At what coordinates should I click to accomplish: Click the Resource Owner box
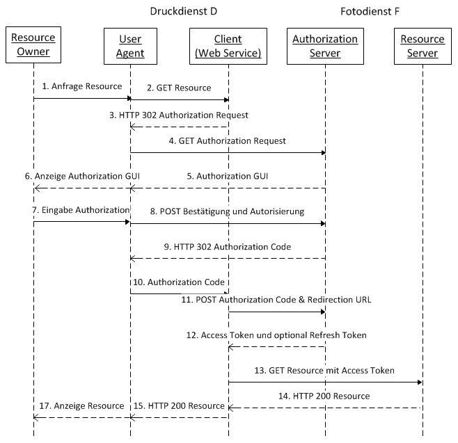33,45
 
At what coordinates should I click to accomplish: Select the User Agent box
130,46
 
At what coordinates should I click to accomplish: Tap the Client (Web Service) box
228,46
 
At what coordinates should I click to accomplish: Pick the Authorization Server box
325,46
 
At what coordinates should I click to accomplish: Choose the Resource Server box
423,46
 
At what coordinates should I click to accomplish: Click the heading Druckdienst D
184,11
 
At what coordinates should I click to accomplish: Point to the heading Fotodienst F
370,11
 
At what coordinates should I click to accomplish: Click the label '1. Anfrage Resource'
82,86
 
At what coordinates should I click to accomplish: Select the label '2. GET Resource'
179,88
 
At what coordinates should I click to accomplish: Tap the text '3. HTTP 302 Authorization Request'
179,115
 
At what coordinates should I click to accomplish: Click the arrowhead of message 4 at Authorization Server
324,152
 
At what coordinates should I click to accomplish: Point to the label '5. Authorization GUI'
228,176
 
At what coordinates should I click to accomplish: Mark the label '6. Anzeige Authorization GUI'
82,176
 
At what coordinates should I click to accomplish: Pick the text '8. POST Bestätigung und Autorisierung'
227,211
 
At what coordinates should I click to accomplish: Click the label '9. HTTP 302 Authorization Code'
228,247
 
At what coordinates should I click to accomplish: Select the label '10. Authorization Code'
179,282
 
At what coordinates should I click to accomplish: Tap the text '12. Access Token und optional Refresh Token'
276,335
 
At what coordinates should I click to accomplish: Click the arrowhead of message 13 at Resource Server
420,382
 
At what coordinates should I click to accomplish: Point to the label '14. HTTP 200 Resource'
324,396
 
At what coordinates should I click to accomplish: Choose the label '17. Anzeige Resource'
82,406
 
